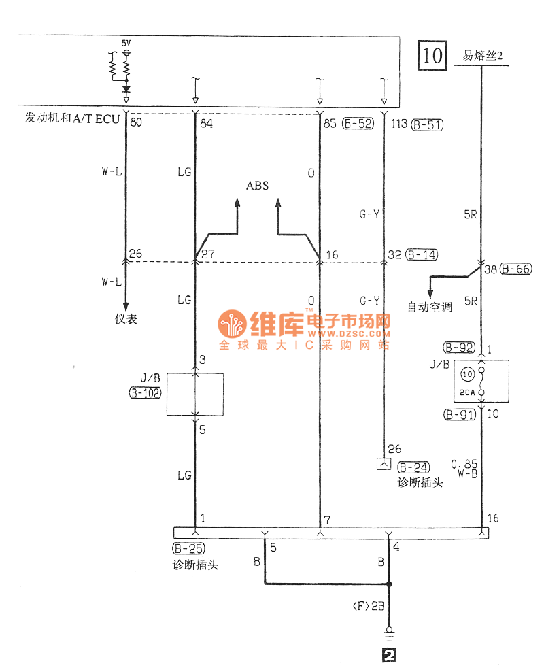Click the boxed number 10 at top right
(x=432, y=55)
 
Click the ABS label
(x=257, y=186)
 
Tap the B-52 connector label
(x=358, y=124)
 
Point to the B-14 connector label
(x=422, y=255)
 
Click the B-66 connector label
(x=515, y=268)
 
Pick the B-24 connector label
(x=413, y=467)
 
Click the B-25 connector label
(x=188, y=548)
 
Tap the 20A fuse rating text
(x=467, y=391)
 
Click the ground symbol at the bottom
(x=389, y=636)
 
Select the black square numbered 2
(x=389, y=656)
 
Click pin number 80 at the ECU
(x=135, y=123)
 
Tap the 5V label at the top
(x=126, y=42)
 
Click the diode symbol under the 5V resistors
(x=126, y=88)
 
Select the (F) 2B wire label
(x=369, y=606)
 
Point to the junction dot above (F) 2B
(x=389, y=584)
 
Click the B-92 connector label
(x=459, y=348)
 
